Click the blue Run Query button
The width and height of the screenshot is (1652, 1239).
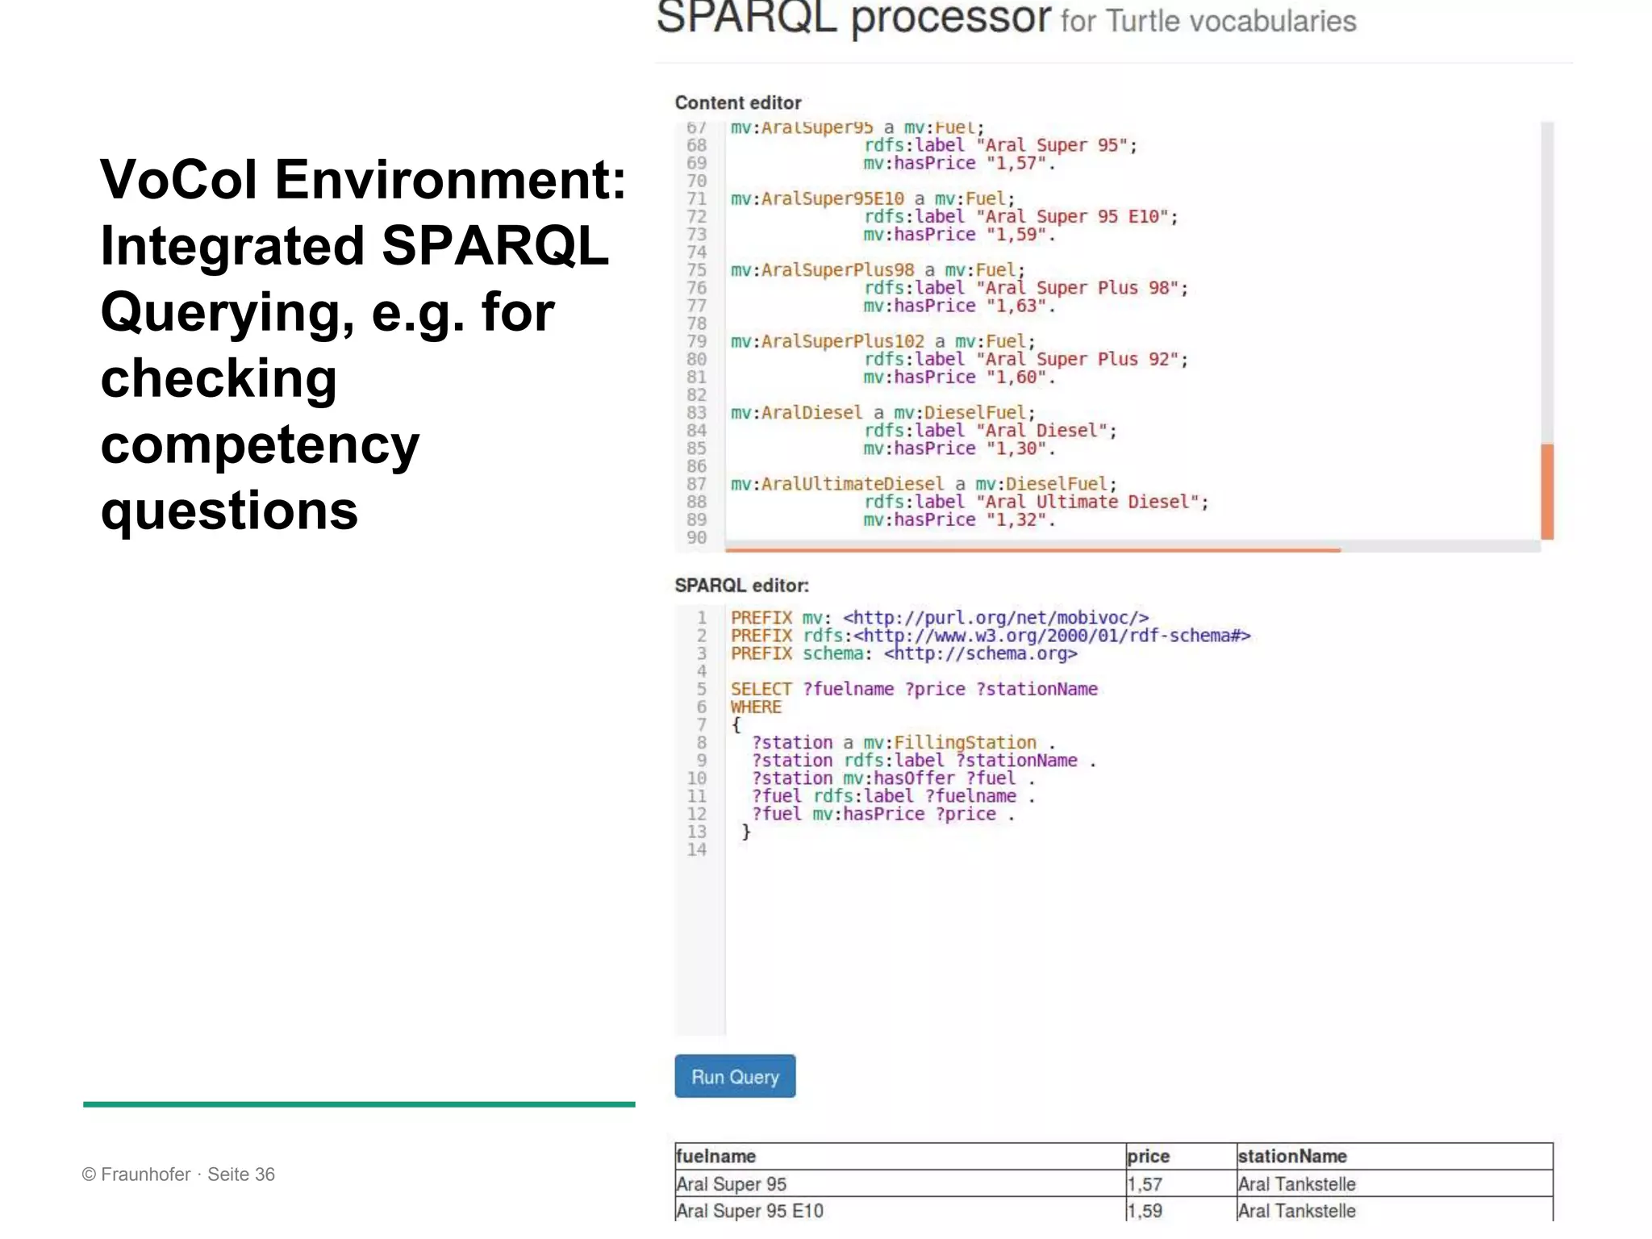pos(735,1076)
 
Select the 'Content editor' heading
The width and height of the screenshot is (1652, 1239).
pos(738,103)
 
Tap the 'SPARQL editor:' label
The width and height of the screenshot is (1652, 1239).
pos(741,586)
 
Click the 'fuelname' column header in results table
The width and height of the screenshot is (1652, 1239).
pos(716,1156)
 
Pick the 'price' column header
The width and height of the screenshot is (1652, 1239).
pos(1148,1156)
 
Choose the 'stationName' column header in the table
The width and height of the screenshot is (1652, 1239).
pos(1292,1156)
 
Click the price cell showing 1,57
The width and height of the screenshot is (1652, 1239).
pos(1145,1184)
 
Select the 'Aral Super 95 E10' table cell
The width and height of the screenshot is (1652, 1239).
pos(750,1211)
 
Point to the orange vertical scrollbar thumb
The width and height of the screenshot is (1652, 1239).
pos(1547,490)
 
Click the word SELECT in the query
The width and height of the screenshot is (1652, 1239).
pos(761,689)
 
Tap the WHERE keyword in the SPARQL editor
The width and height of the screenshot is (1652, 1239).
pos(756,707)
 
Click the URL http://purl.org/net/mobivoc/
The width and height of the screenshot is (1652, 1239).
pos(995,618)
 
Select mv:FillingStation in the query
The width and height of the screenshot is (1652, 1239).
pos(949,742)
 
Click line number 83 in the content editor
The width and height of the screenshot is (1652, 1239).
pos(696,412)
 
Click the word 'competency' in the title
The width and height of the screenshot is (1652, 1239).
pos(260,444)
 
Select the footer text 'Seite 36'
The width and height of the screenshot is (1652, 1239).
pos(241,1174)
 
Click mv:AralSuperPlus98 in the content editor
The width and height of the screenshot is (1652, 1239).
pos(822,270)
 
